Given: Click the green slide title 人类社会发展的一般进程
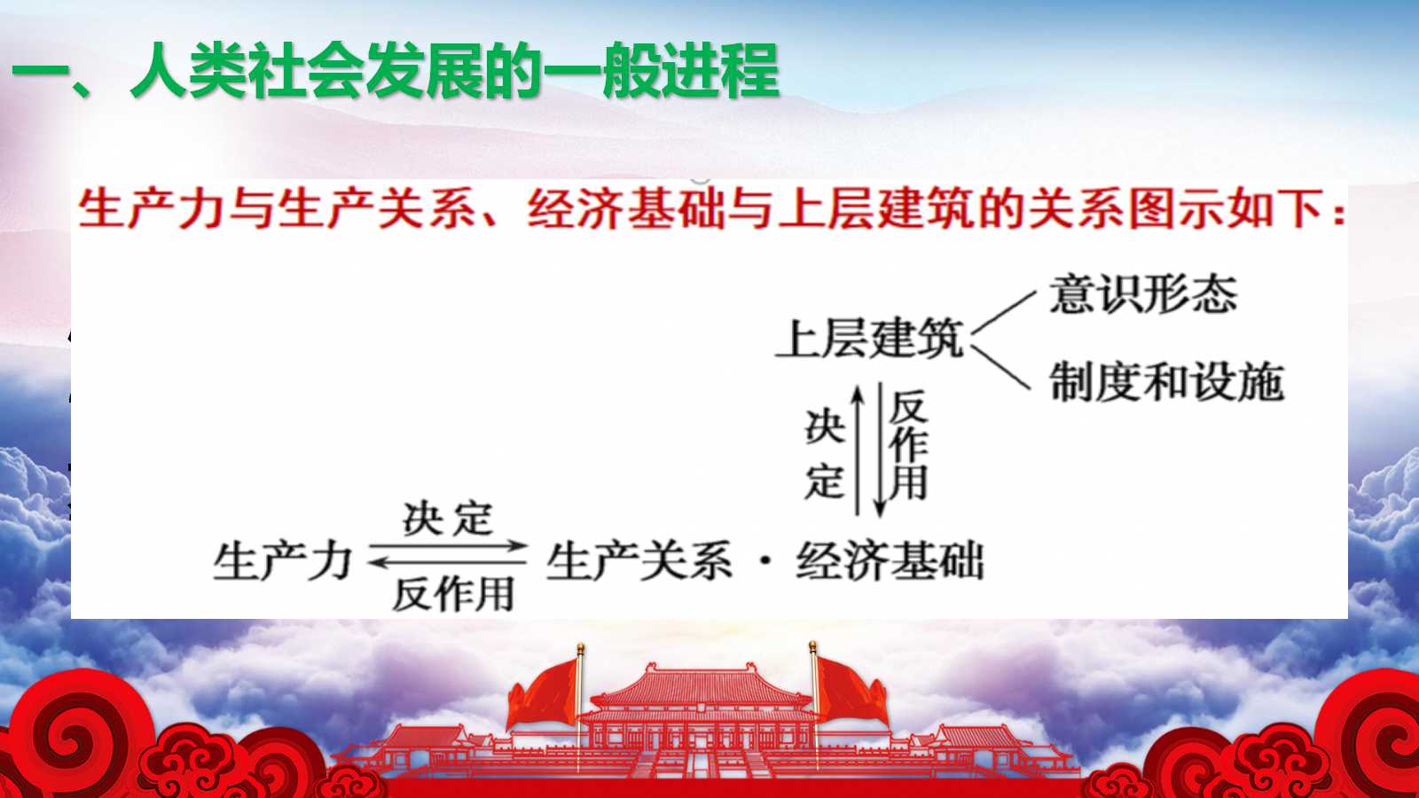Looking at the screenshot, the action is click(x=455, y=70).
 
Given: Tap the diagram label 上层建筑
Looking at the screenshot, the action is click(x=870, y=339).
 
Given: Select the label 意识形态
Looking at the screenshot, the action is click(x=1143, y=294).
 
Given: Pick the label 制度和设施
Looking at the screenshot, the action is click(x=1167, y=382).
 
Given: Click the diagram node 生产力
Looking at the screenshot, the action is click(x=283, y=561).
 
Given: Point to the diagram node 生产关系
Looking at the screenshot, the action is click(x=639, y=561).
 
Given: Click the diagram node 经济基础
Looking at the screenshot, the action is click(x=890, y=561).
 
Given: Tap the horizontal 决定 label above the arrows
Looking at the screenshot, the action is click(x=448, y=520).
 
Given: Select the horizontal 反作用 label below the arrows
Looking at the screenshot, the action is click(x=453, y=594).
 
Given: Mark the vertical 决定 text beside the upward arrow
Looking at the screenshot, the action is click(x=825, y=454).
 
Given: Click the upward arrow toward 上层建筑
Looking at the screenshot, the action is click(x=858, y=450).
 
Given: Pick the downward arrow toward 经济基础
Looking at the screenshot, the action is click(x=879, y=450).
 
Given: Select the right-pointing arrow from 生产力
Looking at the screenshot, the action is click(x=449, y=545).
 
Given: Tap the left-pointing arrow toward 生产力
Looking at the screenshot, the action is click(x=447, y=562).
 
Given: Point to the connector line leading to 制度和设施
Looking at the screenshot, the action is click(x=1001, y=367).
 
